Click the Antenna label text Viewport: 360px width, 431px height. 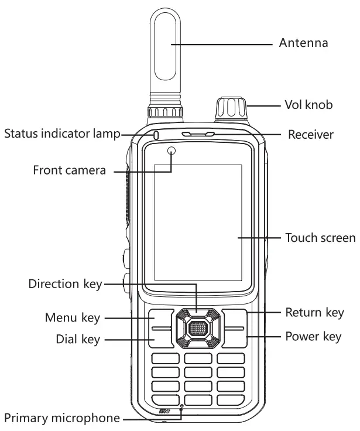[x=303, y=43]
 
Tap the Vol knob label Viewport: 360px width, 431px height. [x=308, y=105]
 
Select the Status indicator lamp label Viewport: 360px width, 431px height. [x=61, y=134]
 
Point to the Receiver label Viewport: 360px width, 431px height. [x=310, y=135]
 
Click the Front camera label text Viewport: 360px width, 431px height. [x=69, y=170]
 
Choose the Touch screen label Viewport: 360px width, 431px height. [x=320, y=238]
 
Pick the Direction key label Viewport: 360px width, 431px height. [x=65, y=284]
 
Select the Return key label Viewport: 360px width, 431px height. [x=314, y=312]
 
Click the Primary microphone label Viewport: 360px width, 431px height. [x=62, y=419]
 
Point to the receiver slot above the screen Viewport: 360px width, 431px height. [x=197, y=135]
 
